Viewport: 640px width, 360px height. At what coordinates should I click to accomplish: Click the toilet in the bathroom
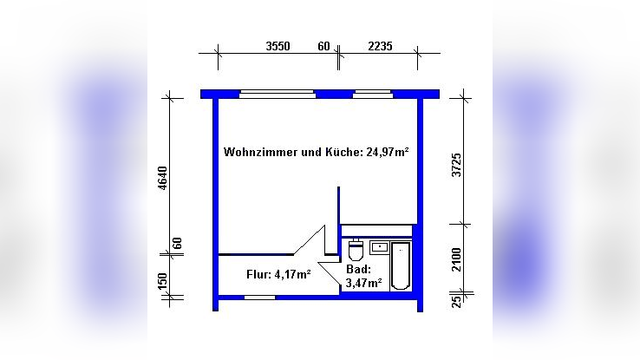(x=355, y=251)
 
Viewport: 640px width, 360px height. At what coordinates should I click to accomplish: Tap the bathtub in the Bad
(x=401, y=265)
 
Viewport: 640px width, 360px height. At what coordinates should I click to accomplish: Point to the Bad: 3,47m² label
(x=364, y=276)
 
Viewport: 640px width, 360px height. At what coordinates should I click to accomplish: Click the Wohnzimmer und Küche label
(x=316, y=152)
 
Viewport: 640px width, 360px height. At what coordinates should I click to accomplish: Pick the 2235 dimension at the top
(x=379, y=46)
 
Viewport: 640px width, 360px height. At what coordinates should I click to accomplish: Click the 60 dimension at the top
(x=323, y=46)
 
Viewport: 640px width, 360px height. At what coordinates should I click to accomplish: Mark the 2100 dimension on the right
(x=457, y=259)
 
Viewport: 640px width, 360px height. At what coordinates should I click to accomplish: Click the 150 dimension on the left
(x=162, y=284)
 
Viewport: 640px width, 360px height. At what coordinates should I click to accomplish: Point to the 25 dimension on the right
(x=457, y=300)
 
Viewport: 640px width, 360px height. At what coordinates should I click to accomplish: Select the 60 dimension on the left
(x=178, y=244)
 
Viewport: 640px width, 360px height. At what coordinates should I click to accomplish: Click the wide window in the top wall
(x=277, y=93)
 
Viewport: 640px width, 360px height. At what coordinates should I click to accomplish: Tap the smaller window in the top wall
(x=372, y=93)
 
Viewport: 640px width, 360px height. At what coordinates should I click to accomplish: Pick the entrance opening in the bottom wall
(x=259, y=297)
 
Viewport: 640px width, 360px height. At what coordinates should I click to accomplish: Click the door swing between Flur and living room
(x=310, y=240)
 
